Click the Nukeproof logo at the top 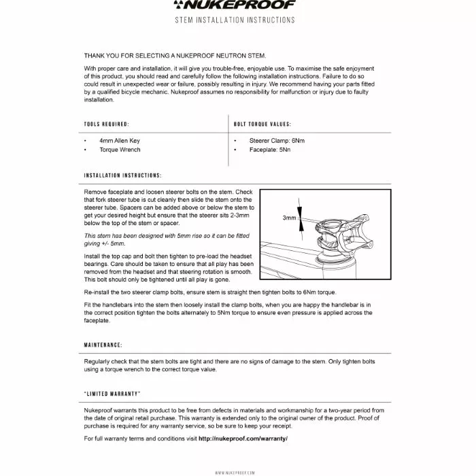coord(237,5)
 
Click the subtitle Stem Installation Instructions coord(235,20)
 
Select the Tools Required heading coord(106,124)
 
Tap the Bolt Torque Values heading coord(262,124)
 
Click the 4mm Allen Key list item coord(119,141)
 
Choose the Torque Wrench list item coord(120,150)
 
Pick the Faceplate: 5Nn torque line coord(269,150)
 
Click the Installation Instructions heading coord(122,175)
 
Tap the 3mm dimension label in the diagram coord(290,218)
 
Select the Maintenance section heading coord(103,345)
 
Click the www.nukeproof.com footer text coord(235,472)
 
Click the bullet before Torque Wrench coord(85,150)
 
